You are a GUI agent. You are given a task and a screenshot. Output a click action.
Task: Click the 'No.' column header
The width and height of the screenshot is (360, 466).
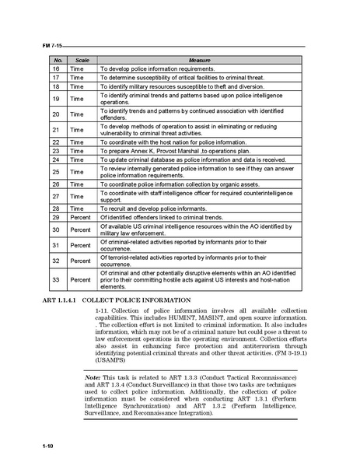57,59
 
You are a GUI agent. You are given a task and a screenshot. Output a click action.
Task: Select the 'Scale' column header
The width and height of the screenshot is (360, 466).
82,59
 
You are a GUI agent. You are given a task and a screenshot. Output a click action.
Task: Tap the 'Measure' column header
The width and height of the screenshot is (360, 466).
200,59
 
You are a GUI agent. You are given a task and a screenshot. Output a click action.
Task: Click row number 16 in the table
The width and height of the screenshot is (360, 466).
56,68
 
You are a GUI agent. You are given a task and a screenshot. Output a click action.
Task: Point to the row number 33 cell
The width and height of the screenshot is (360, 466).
56,279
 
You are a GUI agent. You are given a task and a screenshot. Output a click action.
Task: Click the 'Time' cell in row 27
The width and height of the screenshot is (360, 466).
77,198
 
